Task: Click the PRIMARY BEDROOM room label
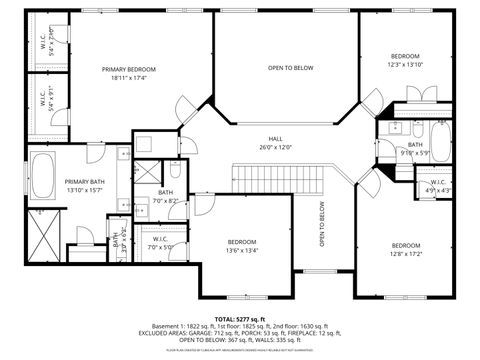tap(128, 69)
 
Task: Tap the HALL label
tap(275, 139)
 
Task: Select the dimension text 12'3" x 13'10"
tap(404, 64)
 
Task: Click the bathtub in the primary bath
tap(43, 177)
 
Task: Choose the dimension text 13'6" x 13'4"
tap(242, 251)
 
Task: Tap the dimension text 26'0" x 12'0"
tap(275, 147)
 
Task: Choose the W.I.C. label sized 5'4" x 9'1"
tap(46, 100)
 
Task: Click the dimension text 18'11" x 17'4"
tap(128, 77)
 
